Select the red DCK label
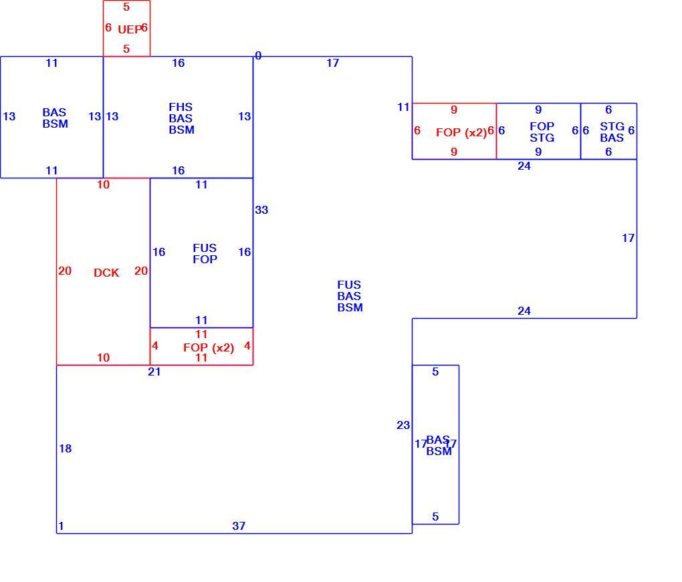[x=106, y=273]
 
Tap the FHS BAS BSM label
[x=181, y=118]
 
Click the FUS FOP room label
[x=205, y=253]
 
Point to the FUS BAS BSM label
[x=350, y=296]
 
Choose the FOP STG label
[x=542, y=132]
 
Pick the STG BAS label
[x=612, y=132]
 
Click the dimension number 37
[x=239, y=526]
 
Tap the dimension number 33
[x=261, y=210]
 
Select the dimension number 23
[x=403, y=425]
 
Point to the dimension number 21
[x=154, y=372]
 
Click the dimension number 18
[x=66, y=448]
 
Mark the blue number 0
[x=258, y=55]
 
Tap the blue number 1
[x=61, y=526]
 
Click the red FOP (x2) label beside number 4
[x=209, y=347]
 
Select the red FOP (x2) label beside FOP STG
[x=461, y=132]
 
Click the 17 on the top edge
[x=333, y=63]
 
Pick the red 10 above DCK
[x=103, y=184]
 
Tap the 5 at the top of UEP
[x=126, y=7]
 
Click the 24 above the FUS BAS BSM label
[x=524, y=166]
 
